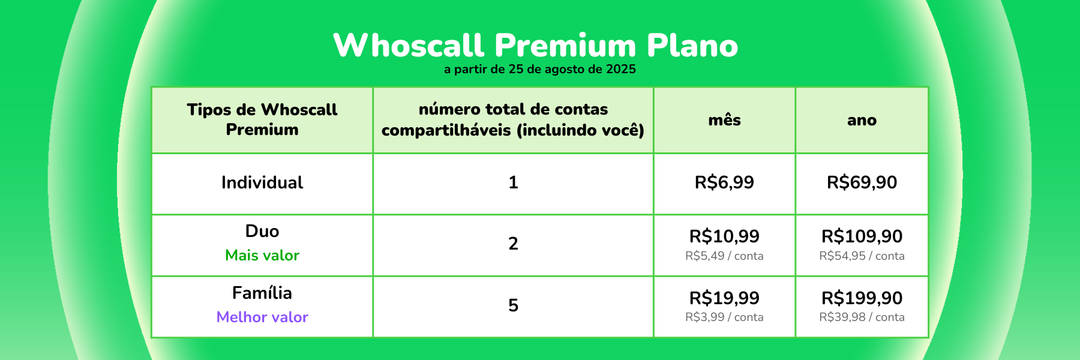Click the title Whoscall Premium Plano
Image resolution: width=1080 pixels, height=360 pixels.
tap(536, 45)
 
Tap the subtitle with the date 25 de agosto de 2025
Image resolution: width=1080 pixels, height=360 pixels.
tap(540, 69)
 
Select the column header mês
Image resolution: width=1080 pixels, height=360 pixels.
tap(724, 120)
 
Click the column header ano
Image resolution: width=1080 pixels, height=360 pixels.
tap(862, 121)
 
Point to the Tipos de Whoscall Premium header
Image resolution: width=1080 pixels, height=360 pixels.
tap(262, 119)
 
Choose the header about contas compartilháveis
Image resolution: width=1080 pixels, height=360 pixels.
tap(513, 119)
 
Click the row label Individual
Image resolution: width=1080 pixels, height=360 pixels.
tap(262, 182)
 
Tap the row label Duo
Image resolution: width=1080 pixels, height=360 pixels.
tap(262, 231)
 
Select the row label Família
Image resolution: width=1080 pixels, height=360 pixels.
tap(262, 293)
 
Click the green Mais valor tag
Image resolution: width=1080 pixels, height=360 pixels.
tap(262, 256)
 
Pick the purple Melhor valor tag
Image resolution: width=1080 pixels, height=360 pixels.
tap(262, 317)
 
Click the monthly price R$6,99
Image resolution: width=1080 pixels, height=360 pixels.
tap(724, 182)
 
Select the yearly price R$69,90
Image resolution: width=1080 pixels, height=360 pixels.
tap(862, 182)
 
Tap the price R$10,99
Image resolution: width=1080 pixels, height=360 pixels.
tap(724, 236)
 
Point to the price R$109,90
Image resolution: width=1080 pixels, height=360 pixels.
tap(862, 236)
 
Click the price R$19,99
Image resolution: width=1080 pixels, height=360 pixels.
tap(724, 298)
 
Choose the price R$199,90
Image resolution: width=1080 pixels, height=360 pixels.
tap(862, 298)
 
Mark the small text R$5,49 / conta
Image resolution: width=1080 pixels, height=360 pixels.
tap(724, 256)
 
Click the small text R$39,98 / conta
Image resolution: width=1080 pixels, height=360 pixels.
tap(862, 317)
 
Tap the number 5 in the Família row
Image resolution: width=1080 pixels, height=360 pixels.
tap(513, 305)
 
